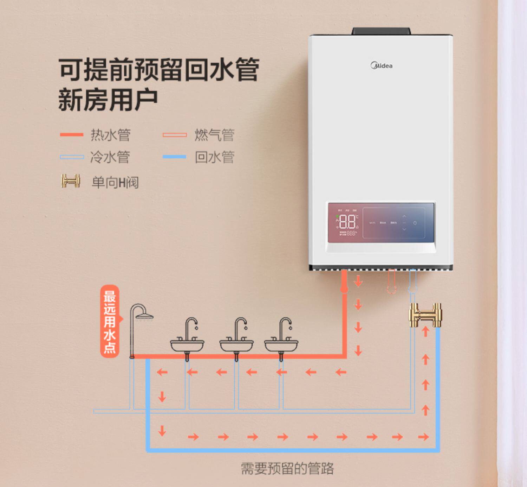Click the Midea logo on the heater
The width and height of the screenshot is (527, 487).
pyautogui.click(x=382, y=65)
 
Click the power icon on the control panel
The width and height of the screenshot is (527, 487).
pyautogui.click(x=415, y=223)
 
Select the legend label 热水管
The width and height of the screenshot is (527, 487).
pyautogui.click(x=111, y=135)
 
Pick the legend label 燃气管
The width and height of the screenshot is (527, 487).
pyautogui.click(x=214, y=135)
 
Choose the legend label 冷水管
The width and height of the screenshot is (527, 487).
pyautogui.click(x=110, y=157)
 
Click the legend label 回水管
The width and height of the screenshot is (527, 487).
pyautogui.click(x=214, y=157)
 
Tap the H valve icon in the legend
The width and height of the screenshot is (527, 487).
pyautogui.click(x=71, y=181)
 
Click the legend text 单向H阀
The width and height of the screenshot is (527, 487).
pyautogui.click(x=115, y=182)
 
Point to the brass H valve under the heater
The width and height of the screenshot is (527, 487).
pyautogui.click(x=425, y=315)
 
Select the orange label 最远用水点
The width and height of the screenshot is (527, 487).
pyautogui.click(x=110, y=321)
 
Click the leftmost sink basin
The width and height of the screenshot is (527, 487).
pyautogui.click(x=187, y=345)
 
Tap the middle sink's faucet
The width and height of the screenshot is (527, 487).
pyautogui.click(x=241, y=325)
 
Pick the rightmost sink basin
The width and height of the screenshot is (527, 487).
pyautogui.click(x=281, y=345)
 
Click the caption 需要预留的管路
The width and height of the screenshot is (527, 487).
pyautogui.click(x=287, y=468)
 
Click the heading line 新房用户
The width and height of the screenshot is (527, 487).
pyautogui.click(x=108, y=100)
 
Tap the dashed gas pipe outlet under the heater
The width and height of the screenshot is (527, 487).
pyautogui.click(x=392, y=282)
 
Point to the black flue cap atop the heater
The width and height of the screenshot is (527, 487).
pyautogui.click(x=381, y=31)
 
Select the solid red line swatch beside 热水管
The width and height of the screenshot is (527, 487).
pyautogui.click(x=72, y=134)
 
